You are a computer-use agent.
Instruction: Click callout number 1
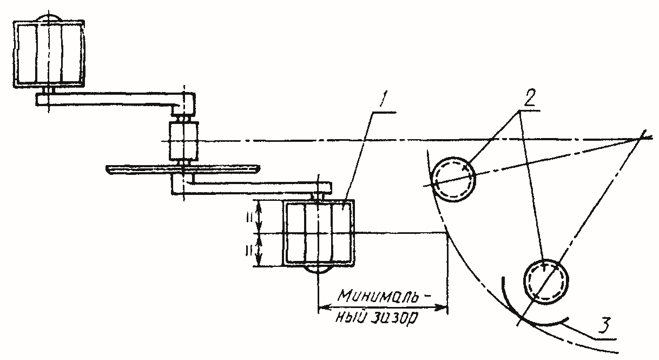pyautogui.click(x=383, y=99)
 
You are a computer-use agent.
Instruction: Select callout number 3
pyautogui.click(x=604, y=325)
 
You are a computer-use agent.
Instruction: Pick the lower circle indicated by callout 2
pyautogui.click(x=546, y=282)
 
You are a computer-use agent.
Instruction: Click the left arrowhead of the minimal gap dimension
pyautogui.click(x=323, y=308)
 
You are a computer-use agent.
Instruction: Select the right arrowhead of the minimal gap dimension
pyautogui.click(x=442, y=308)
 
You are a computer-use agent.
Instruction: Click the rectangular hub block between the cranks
pyautogui.click(x=183, y=141)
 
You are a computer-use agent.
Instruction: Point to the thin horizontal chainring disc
pyautogui.click(x=183, y=169)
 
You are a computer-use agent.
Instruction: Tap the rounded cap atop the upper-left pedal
pyautogui.click(x=49, y=17)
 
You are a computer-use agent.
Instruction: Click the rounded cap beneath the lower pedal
pyautogui.click(x=318, y=270)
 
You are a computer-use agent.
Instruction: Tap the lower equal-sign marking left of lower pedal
pyautogui.click(x=248, y=251)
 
